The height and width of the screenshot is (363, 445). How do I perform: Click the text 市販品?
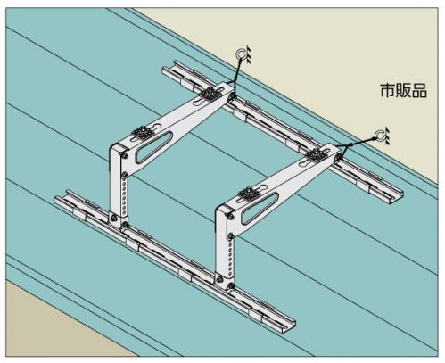click(x=403, y=90)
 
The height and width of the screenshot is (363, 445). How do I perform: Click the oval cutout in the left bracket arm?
click(x=153, y=147)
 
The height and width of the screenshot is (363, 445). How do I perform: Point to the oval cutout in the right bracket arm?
click(x=260, y=208)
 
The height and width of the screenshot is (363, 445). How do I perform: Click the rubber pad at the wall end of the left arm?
click(x=211, y=95)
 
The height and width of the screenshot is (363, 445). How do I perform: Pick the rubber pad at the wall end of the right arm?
click(x=317, y=155)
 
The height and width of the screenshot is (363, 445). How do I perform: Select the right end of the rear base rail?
click(x=400, y=196)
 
